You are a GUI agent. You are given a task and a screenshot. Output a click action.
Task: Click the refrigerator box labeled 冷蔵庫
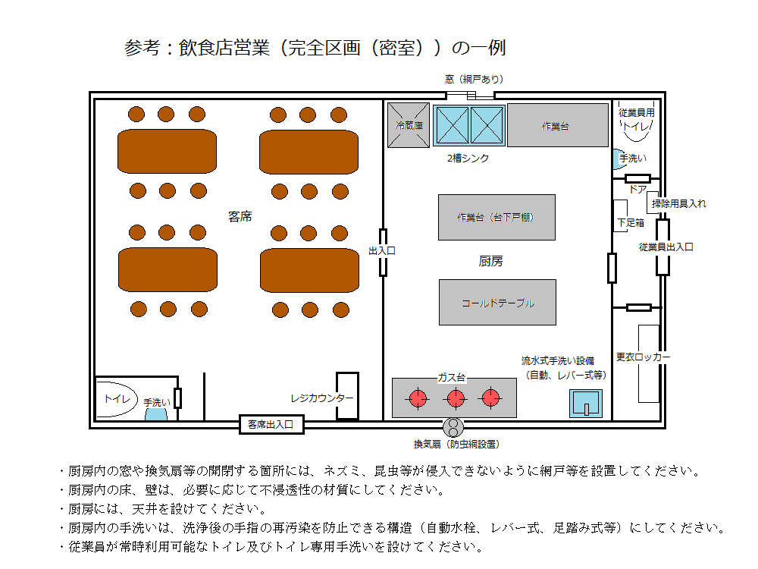pos(409,125)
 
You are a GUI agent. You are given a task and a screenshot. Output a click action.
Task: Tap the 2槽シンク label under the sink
pos(468,159)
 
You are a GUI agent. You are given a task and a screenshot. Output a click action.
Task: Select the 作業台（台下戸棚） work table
pos(496,217)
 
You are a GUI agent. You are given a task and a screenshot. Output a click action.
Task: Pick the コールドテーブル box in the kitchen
pos(497,303)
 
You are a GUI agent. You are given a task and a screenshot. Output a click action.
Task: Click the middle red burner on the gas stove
pos(455,399)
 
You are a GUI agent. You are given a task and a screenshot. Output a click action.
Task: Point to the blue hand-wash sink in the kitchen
pos(586,404)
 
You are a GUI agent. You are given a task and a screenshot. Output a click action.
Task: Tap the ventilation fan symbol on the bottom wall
pos(453,427)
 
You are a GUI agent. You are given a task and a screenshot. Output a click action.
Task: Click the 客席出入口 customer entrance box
pos(271,424)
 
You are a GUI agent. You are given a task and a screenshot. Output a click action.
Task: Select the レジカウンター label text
pos(321,398)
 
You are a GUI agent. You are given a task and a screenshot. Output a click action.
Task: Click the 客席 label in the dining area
pos(240,216)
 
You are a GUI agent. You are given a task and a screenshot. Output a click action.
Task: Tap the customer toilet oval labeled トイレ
pos(117,399)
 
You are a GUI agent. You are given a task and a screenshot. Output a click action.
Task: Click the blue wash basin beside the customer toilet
pos(156,414)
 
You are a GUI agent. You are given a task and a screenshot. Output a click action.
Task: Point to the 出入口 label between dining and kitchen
pos(382,250)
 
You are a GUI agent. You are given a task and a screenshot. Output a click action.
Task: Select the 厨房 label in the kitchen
pos(490,261)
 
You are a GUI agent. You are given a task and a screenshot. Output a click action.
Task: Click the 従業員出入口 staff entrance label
pos(666,247)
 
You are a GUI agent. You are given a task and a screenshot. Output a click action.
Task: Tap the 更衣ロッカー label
pos(643,357)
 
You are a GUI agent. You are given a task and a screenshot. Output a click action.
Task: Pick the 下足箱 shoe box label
pos(631,222)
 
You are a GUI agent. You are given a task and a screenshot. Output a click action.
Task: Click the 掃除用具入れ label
pos(678,203)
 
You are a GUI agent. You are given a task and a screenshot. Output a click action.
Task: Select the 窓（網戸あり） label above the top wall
pos(475,79)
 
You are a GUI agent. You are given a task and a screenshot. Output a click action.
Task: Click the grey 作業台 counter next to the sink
pos(557,125)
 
